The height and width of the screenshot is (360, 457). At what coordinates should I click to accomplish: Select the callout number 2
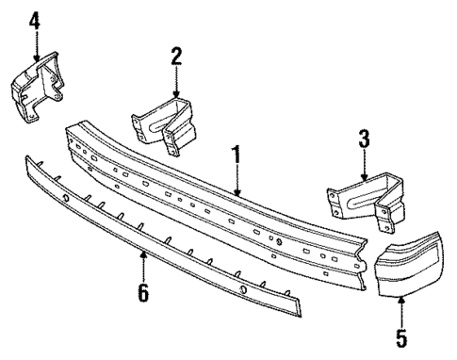point(175,55)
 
